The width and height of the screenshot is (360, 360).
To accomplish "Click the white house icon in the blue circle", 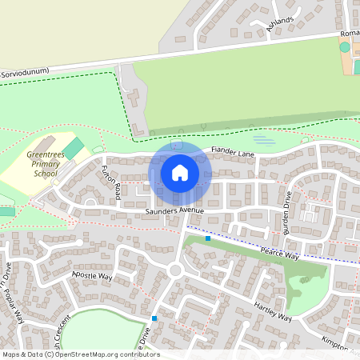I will click(x=180, y=173).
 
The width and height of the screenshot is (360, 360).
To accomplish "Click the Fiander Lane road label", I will click(x=232, y=150).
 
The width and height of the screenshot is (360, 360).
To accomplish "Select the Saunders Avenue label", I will click(x=174, y=210).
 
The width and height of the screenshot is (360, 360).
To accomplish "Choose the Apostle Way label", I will click(x=92, y=275).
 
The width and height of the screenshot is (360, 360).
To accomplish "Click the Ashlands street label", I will click(x=281, y=22).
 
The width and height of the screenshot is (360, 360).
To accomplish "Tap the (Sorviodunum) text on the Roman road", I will click(x=26, y=72).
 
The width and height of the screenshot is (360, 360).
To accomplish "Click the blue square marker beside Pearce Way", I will click(x=208, y=238).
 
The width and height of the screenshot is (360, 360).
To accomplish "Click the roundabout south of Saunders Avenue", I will click(x=176, y=270).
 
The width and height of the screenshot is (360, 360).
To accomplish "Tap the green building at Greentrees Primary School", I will click(x=74, y=148).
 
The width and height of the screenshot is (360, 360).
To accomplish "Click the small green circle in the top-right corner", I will click(x=345, y=48).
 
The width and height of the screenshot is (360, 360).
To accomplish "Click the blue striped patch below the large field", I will click(x=265, y=141).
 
